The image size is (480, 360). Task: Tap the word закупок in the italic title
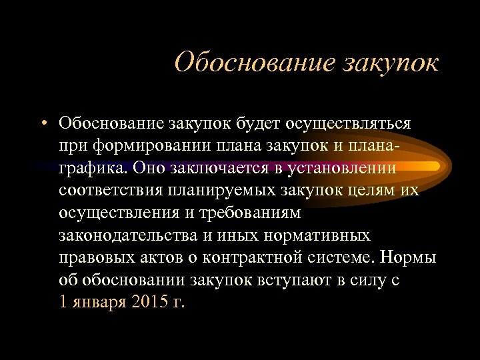tap(391, 64)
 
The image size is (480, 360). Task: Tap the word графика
tap(87, 169)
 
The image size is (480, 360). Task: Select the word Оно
tap(139, 169)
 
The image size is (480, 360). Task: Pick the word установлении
tap(340, 169)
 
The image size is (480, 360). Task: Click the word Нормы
tap(410, 259)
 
